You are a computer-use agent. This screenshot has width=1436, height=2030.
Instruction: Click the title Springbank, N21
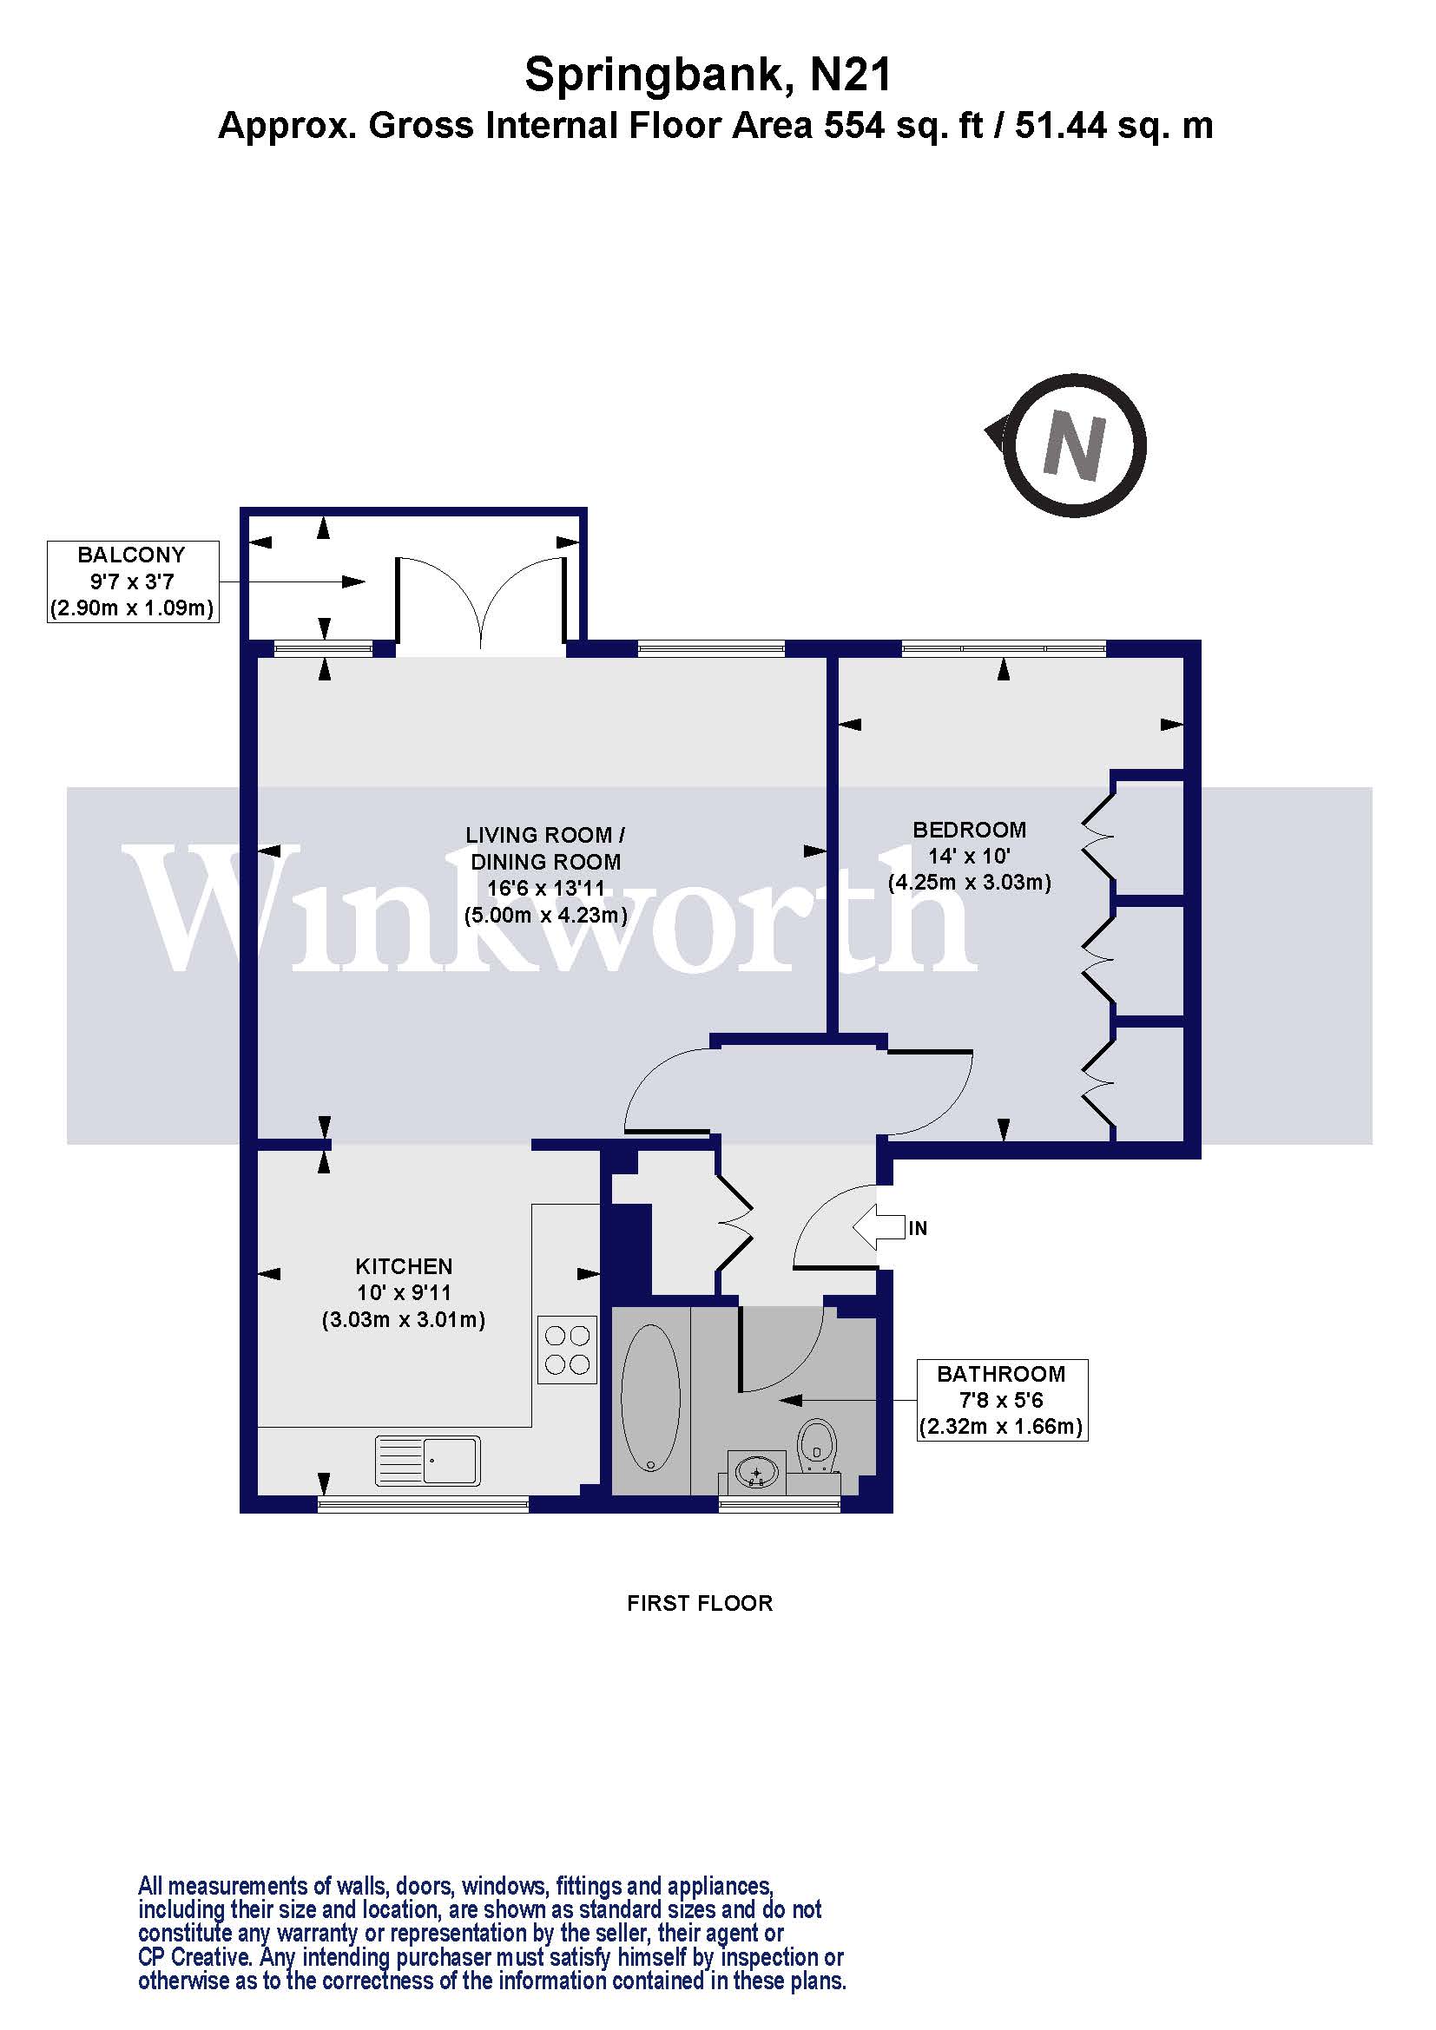708,75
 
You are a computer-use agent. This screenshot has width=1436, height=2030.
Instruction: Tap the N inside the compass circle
1073,446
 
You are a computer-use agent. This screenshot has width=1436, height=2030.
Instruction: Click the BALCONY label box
132,581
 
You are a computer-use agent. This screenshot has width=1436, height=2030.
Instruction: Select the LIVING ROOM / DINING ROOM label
545,848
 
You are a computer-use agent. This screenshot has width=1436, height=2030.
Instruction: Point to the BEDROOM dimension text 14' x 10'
968,856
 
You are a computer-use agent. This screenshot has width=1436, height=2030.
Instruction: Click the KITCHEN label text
403,1266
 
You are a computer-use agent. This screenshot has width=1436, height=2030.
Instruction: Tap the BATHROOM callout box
1001,1400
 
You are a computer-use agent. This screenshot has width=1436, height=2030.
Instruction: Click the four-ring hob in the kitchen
567,1350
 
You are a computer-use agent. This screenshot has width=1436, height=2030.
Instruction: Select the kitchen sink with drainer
428,1460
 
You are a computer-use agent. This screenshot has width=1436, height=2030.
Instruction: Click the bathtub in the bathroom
650,1398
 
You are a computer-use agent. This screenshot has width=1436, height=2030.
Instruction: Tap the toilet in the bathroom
817,1447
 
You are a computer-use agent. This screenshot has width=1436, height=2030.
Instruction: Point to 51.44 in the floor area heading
1060,126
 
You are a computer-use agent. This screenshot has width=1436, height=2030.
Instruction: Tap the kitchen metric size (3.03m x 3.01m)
403,1320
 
